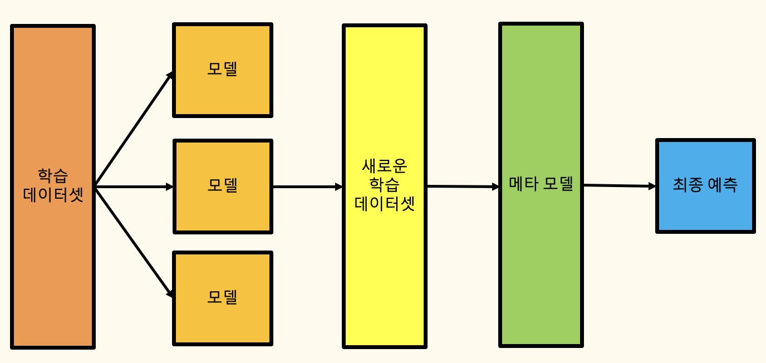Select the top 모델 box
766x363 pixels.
click(223, 95)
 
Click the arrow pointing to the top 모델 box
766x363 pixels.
click(134, 130)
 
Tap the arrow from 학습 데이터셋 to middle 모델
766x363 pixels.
click(134, 187)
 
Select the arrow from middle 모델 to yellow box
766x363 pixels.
click(307, 187)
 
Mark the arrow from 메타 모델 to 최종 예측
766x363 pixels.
click(619, 186)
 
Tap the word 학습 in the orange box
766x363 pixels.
click(53, 176)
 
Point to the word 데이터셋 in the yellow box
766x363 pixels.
click(385, 204)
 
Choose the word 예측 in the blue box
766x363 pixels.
click(723, 185)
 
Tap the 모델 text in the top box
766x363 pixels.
click(223, 69)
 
